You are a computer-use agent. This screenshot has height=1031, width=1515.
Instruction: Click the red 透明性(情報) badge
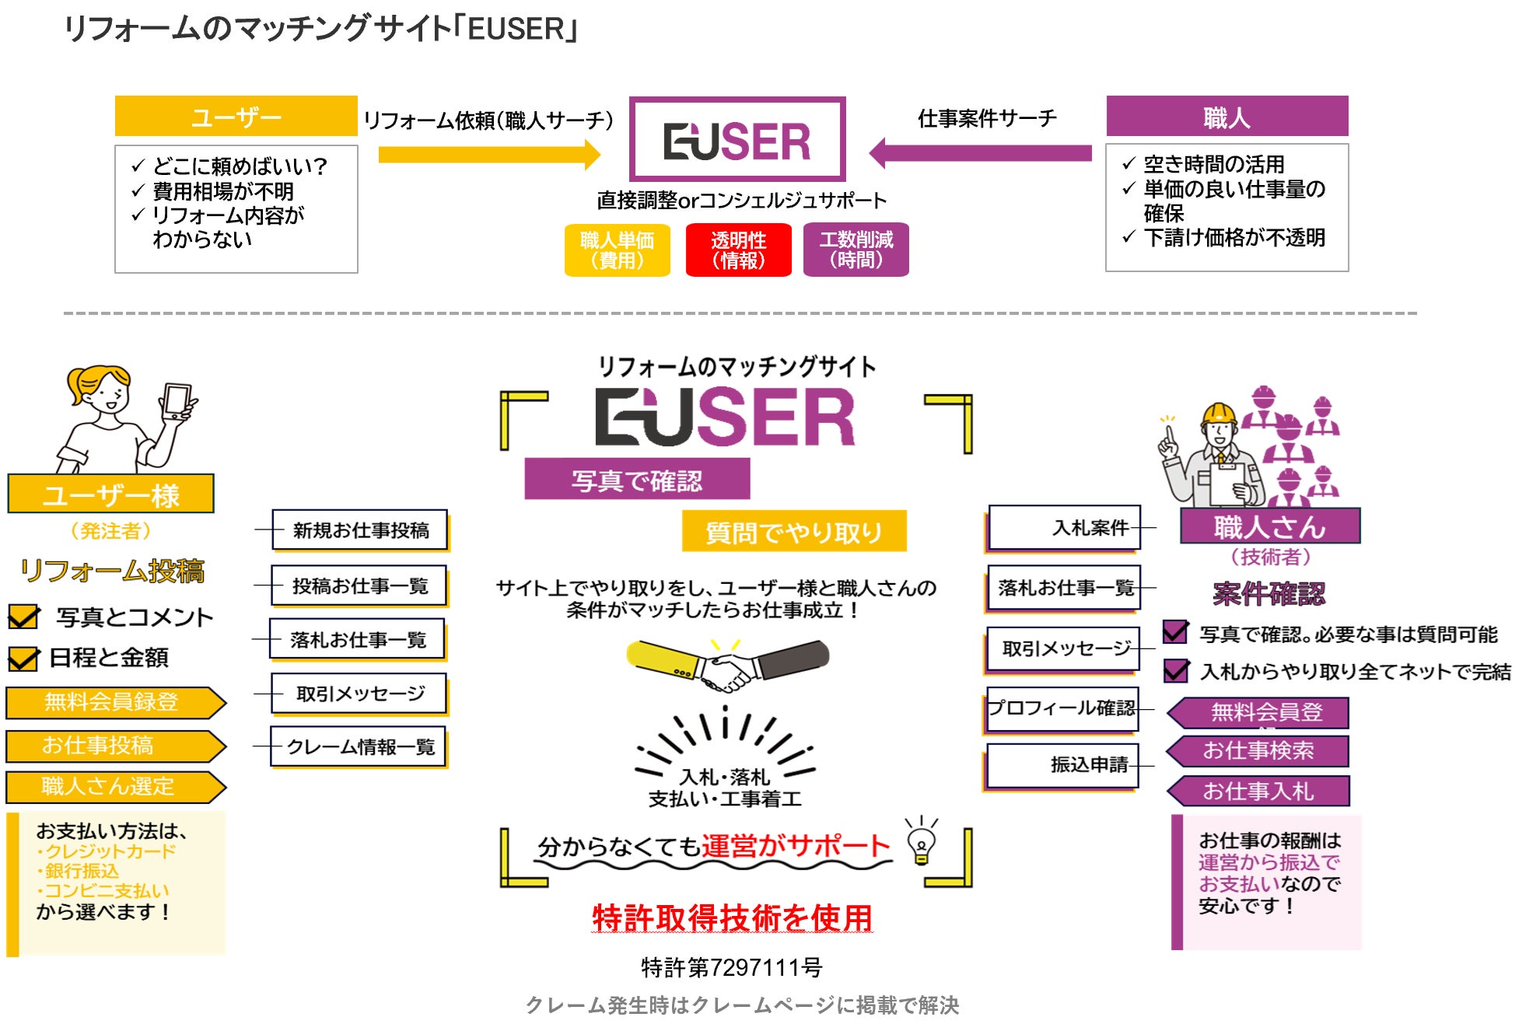(x=738, y=250)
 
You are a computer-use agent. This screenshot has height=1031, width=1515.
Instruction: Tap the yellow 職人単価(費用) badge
(x=617, y=250)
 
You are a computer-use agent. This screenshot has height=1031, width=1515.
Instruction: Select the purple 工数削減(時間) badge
(x=855, y=250)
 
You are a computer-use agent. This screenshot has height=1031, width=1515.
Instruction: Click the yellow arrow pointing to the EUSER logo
(x=489, y=154)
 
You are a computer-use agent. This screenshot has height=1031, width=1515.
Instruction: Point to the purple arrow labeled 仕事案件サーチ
(x=980, y=153)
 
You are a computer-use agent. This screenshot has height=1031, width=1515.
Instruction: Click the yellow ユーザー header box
(x=236, y=117)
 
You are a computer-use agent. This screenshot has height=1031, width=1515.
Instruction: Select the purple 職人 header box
(x=1226, y=117)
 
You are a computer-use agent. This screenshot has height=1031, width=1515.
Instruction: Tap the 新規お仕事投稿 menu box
(x=360, y=530)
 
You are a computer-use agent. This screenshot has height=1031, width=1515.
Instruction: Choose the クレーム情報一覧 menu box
(x=359, y=746)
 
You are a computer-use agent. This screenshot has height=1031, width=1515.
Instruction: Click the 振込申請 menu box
(x=1063, y=765)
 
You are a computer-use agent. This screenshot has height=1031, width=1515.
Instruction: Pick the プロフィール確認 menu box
(x=1062, y=708)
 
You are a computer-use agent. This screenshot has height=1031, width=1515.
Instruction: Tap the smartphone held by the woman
(x=177, y=400)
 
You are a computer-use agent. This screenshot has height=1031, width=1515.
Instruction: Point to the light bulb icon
(x=922, y=843)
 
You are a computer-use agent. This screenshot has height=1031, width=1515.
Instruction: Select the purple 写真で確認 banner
(x=637, y=479)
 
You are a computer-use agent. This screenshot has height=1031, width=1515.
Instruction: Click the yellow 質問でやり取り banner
(x=793, y=532)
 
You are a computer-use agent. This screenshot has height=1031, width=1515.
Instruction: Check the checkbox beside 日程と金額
(x=23, y=659)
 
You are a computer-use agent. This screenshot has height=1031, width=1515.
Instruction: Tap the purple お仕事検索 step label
(x=1258, y=750)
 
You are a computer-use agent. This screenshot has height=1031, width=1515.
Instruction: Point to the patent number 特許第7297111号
(x=731, y=967)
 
